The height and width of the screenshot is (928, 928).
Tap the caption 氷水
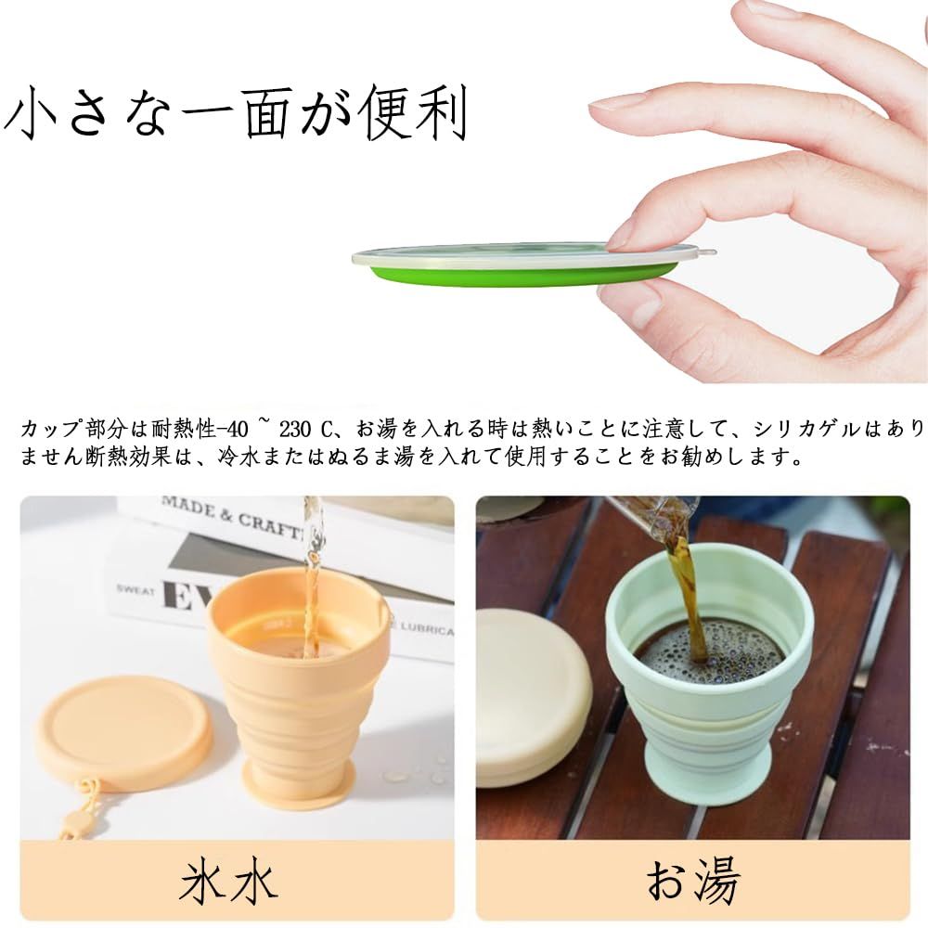click(x=228, y=882)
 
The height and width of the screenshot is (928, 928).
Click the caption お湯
click(x=692, y=882)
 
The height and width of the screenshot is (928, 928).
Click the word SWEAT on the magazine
click(x=135, y=590)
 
